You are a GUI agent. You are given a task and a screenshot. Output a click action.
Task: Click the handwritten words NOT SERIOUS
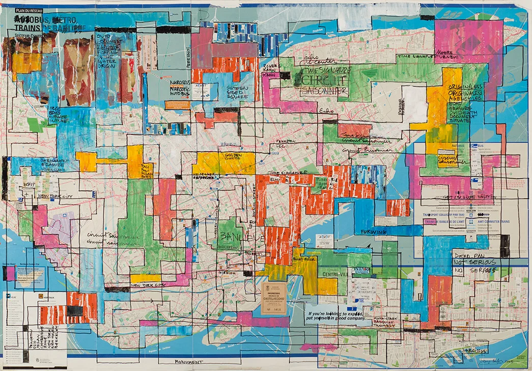click(x=474, y=263)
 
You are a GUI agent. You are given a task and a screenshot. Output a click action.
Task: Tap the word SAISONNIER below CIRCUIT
click(x=324, y=91)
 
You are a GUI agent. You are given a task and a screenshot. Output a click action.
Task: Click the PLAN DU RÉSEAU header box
click(x=29, y=11)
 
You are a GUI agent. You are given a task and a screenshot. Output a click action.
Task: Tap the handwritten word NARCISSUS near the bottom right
click(x=468, y=352)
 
